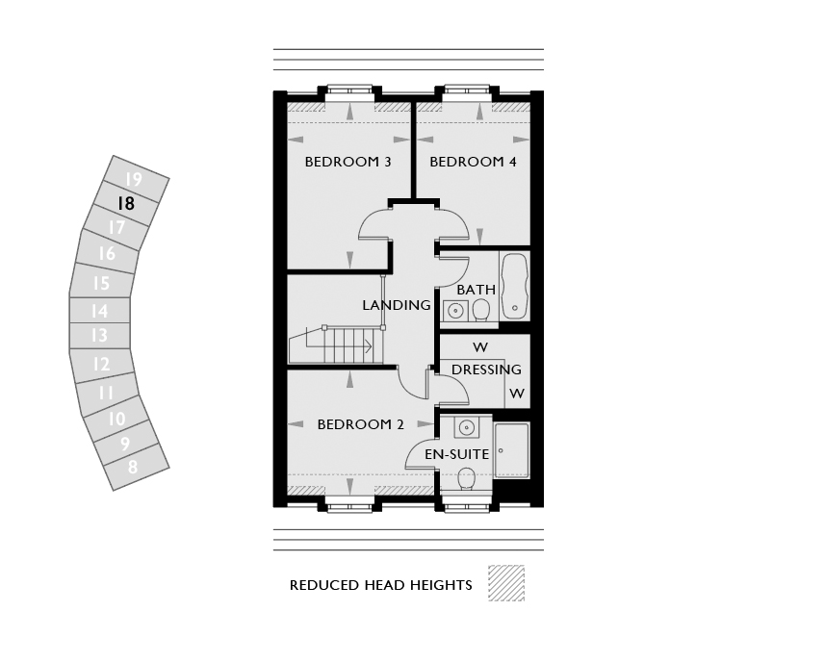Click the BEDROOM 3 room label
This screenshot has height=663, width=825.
[x=348, y=162]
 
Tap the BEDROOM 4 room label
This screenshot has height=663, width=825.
[x=473, y=162]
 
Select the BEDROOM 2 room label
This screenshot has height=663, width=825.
[x=360, y=424]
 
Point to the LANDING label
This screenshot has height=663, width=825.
[x=397, y=305]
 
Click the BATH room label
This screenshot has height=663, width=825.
[x=477, y=290]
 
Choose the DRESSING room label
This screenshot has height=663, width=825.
[x=486, y=370]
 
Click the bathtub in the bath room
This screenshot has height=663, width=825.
[x=515, y=285]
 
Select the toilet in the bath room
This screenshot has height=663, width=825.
[x=481, y=309]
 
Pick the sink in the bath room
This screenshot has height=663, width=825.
[x=454, y=310]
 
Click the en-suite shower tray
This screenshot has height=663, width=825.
[x=511, y=450]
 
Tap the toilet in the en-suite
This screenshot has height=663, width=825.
[x=467, y=477]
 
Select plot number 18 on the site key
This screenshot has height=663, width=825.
[x=125, y=204]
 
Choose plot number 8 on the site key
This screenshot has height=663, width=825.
[x=133, y=467]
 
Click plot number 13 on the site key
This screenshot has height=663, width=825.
[x=99, y=336]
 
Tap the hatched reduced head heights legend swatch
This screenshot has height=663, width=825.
[x=506, y=583]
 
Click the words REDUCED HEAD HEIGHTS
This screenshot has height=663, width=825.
[x=381, y=585]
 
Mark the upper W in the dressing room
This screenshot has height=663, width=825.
[x=479, y=347]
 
